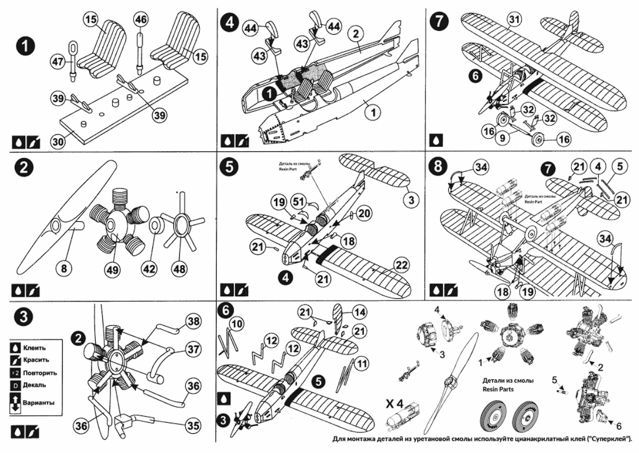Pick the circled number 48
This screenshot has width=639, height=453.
pyautogui.click(x=179, y=269)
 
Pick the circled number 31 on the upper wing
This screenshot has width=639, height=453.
pyautogui.click(x=514, y=20)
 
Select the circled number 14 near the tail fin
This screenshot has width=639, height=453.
pyautogui.click(x=359, y=312)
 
